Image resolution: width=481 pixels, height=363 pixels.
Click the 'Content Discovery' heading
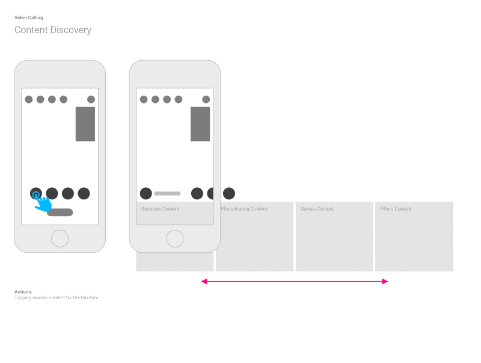point(53,29)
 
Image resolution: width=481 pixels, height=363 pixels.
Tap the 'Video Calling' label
point(28,17)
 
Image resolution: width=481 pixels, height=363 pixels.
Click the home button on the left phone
point(60,238)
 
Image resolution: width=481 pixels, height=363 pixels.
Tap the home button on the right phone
point(175,238)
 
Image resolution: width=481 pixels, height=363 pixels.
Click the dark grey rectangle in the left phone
point(85,124)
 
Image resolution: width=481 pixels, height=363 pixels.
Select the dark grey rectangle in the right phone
point(200,124)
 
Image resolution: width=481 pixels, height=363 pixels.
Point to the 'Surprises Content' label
point(160,209)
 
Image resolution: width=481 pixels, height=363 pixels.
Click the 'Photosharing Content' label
point(244,209)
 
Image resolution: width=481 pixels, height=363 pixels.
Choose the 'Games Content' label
point(317,209)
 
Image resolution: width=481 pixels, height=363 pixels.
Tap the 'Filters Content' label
point(396,209)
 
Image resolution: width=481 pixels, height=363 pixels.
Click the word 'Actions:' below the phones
point(23,292)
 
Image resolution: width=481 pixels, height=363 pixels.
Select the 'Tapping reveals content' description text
point(57,297)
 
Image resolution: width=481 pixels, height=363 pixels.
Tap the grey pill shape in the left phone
point(60,213)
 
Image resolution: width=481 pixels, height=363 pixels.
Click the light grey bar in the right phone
point(168,193)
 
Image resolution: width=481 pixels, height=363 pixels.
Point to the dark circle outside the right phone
point(229,193)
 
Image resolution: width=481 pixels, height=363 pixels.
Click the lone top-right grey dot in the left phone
point(91,99)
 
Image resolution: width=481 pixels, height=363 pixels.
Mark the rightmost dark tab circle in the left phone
point(84,193)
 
